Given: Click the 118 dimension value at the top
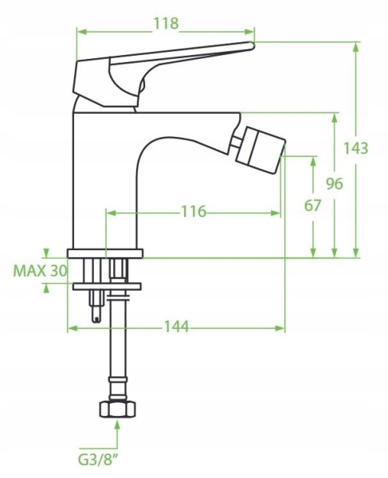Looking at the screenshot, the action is coord(166,23).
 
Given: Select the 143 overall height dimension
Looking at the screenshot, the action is coord(355,148).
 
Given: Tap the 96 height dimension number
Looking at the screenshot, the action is coord(335,183).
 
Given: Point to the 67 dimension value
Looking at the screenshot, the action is coord(313,206).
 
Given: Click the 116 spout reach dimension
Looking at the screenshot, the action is coord(194,211).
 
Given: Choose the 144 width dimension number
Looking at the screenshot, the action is coord(177,327).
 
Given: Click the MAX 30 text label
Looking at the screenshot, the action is coord(40,271).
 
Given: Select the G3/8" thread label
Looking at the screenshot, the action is coord(98,460).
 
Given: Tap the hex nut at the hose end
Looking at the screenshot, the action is coord(117,409).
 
